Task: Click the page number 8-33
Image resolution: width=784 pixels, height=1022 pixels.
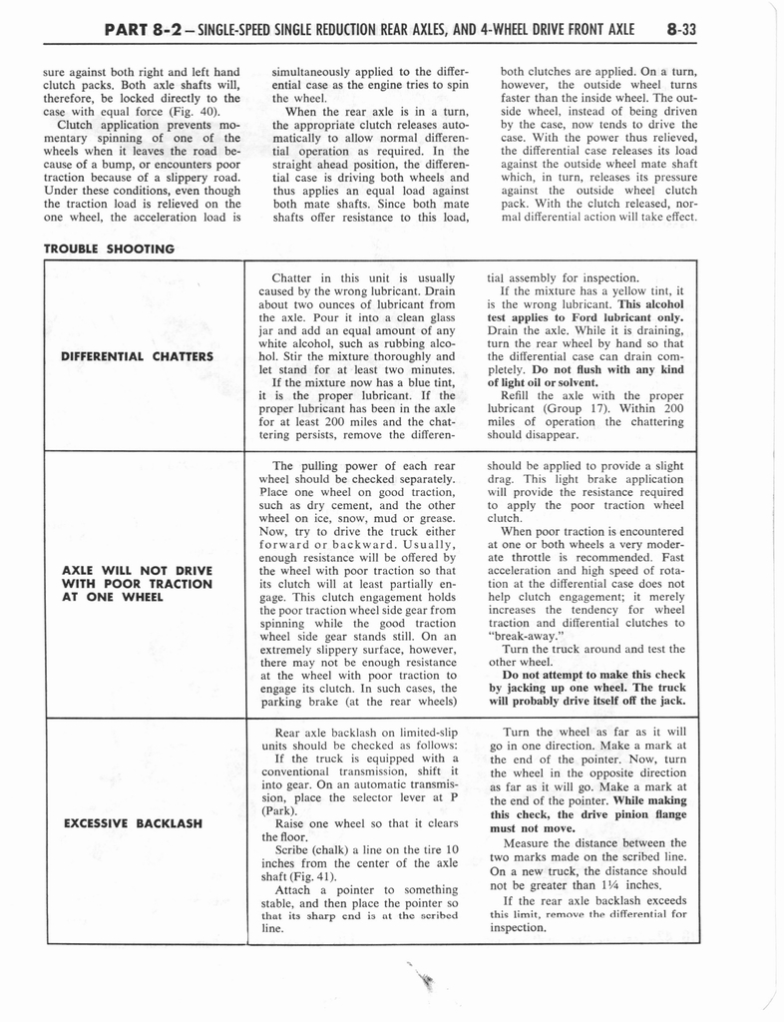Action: (682, 29)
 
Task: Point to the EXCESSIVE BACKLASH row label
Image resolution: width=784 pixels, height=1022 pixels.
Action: (133, 824)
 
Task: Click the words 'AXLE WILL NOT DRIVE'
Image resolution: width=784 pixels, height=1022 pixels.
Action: (138, 570)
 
